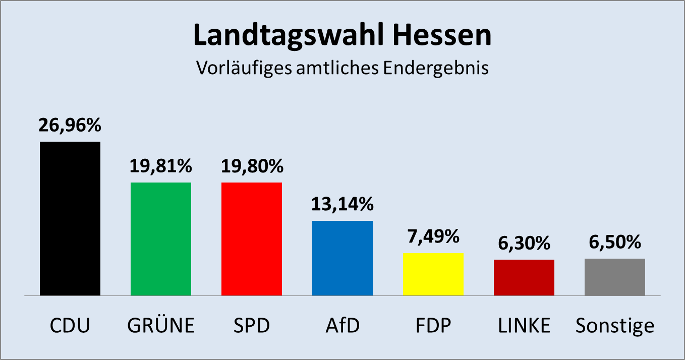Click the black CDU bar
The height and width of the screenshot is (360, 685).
70,218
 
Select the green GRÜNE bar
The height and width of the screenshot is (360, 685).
161,238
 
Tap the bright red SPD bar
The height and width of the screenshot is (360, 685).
252,238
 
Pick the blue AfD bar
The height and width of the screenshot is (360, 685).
342,258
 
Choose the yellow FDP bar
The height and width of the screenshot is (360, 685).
433,274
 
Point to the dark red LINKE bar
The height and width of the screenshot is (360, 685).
524,277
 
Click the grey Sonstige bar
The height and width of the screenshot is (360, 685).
615,277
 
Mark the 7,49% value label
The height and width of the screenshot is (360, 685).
433,236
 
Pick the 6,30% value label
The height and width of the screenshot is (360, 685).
524,244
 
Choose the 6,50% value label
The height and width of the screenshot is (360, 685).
615,243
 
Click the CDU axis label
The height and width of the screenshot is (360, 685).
70,326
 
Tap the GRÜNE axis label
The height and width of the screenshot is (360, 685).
161,326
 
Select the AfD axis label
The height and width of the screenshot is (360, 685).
342,326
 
